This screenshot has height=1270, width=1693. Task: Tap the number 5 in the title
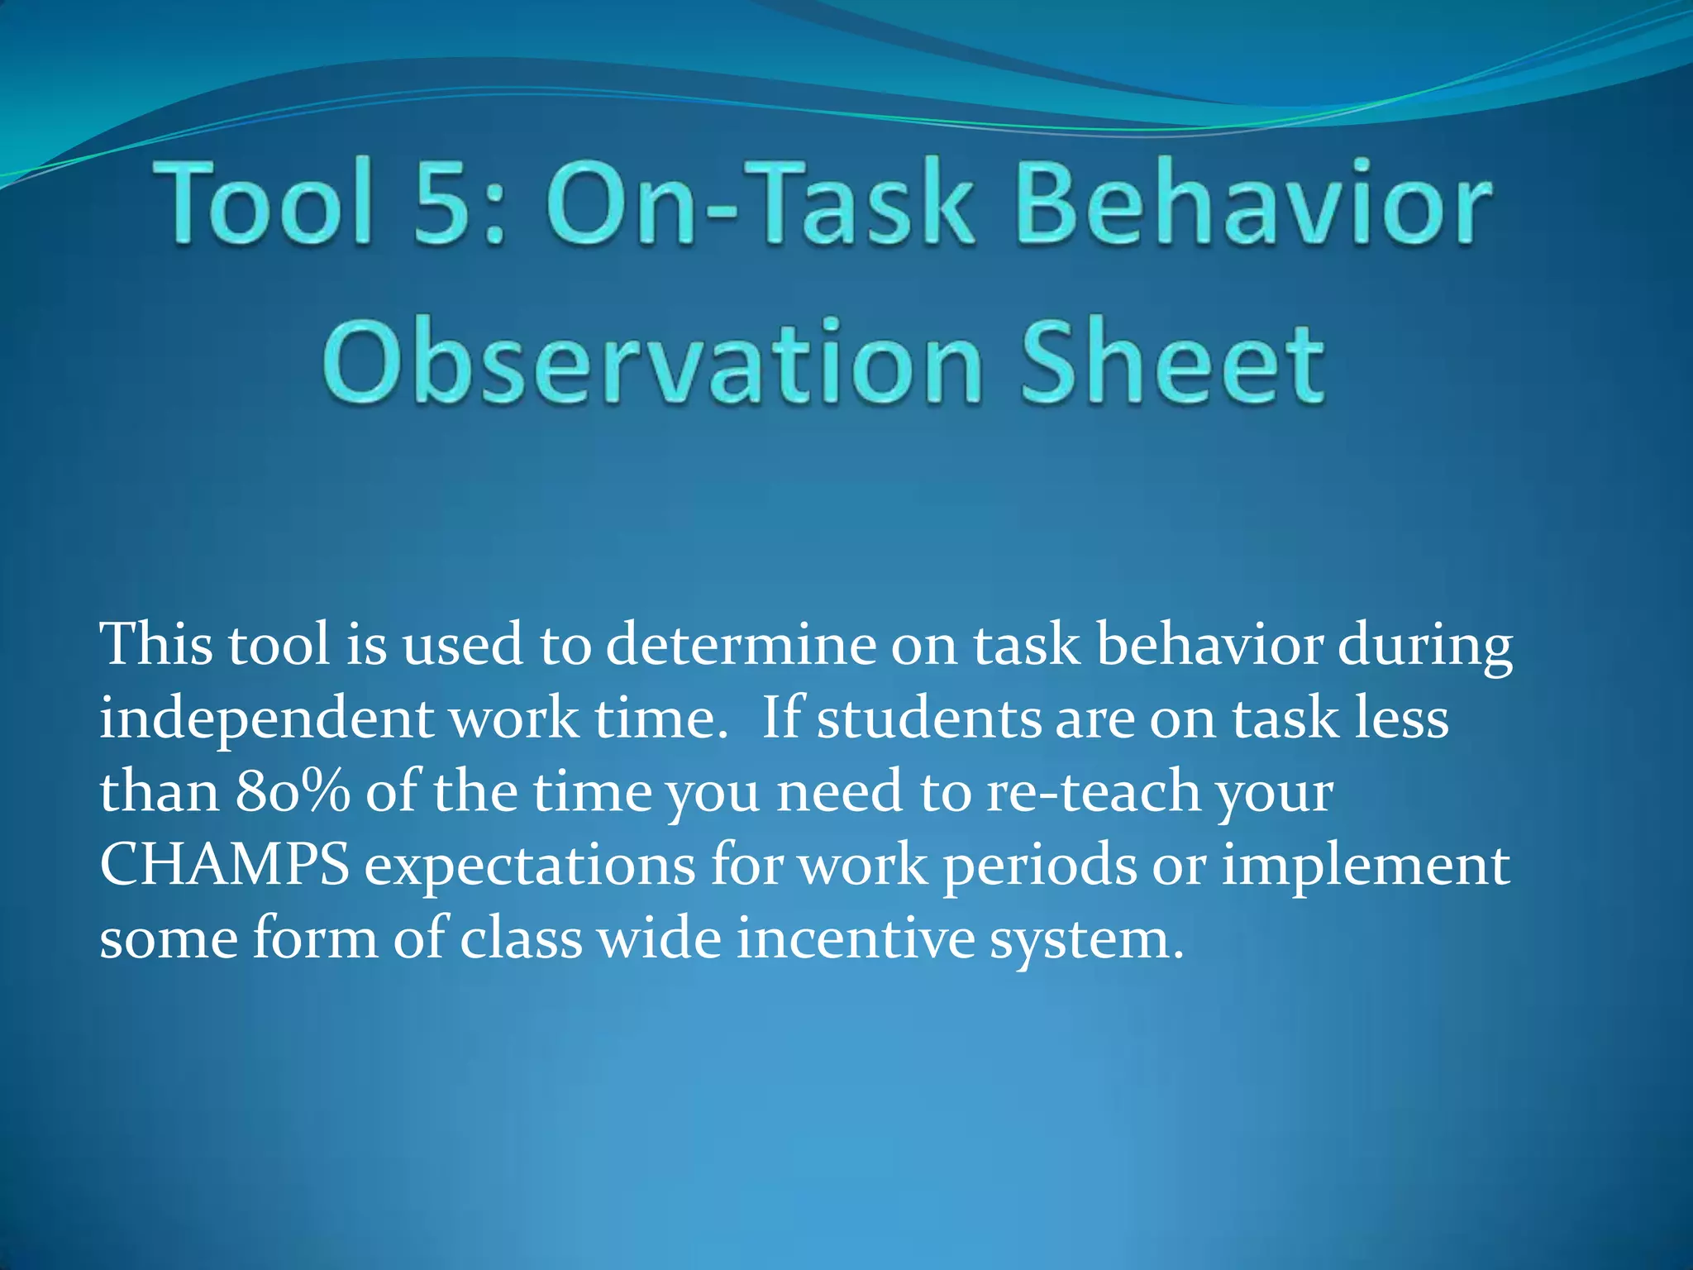(447, 203)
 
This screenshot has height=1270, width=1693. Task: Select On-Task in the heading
(761, 203)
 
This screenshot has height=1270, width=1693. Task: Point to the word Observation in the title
(653, 364)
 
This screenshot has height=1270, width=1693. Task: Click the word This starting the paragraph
(157, 644)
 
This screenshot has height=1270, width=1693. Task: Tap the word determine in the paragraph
(741, 644)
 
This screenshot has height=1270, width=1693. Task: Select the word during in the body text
(1425, 646)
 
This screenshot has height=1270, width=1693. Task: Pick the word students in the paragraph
(929, 718)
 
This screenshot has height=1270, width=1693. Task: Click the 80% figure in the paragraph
(293, 791)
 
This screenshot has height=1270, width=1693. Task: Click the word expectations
(530, 867)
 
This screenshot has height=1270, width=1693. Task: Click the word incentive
(856, 938)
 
